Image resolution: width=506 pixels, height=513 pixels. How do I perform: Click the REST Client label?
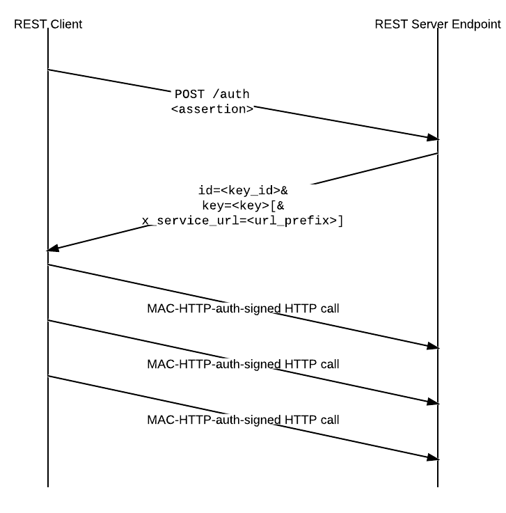point(48,24)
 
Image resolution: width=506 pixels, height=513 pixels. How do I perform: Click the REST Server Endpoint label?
point(438,24)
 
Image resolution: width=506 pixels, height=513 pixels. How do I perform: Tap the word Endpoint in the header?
point(476,24)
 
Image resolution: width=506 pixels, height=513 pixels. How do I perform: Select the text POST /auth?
point(212,94)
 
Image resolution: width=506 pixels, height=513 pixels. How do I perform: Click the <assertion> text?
point(212,109)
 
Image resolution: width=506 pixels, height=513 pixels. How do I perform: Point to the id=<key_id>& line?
point(243,190)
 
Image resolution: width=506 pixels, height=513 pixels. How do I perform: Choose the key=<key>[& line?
point(243,205)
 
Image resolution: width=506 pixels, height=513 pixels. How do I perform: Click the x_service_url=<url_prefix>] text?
point(243,221)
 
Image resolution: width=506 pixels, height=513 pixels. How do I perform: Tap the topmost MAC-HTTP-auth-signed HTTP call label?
point(243,308)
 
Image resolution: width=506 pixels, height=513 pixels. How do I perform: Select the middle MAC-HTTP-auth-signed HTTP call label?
point(243,364)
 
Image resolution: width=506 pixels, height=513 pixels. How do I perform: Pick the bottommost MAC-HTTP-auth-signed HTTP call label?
point(243,420)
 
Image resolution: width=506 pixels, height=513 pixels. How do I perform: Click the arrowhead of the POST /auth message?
point(433,138)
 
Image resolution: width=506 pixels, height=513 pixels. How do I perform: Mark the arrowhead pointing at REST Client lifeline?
point(53,248)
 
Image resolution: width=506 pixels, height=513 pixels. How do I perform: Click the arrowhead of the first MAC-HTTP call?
point(433,346)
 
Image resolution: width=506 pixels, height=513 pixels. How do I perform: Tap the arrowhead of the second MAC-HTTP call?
point(433,402)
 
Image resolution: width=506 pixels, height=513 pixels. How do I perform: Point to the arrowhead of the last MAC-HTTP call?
point(433,457)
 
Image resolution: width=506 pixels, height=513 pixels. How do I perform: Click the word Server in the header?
point(429,24)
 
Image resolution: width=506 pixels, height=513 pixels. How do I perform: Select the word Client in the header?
point(66,24)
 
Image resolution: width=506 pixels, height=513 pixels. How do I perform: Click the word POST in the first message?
point(189,94)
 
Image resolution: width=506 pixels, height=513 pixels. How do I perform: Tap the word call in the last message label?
point(330,420)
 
